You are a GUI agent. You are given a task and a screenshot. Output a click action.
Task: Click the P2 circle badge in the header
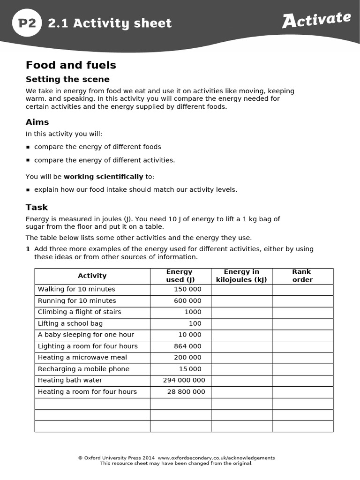click(x=27, y=22)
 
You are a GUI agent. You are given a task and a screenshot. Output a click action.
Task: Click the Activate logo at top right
click(x=316, y=20)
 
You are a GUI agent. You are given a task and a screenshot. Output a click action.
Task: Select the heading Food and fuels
click(x=71, y=65)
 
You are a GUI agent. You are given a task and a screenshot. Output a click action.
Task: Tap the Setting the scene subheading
click(x=67, y=79)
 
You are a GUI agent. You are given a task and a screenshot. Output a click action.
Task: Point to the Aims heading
click(x=37, y=122)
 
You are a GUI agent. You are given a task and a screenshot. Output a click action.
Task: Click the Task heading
click(x=37, y=207)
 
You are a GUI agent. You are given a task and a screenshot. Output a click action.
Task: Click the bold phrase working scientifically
click(x=103, y=177)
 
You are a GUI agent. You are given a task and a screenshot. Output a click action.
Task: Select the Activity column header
click(x=92, y=276)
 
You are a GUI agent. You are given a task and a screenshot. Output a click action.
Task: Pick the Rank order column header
click(x=302, y=276)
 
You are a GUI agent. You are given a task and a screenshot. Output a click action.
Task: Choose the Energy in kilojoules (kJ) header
click(x=241, y=276)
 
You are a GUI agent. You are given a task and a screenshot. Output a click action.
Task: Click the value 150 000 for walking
click(x=187, y=289)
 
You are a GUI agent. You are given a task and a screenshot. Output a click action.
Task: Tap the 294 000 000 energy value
click(x=184, y=380)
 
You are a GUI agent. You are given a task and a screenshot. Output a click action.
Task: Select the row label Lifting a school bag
click(x=70, y=323)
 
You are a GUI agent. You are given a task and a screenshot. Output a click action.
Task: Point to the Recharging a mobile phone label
click(x=83, y=369)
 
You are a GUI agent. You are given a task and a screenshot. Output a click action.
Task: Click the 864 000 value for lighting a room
click(x=187, y=346)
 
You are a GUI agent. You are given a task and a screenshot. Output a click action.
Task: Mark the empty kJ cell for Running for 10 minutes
click(x=241, y=301)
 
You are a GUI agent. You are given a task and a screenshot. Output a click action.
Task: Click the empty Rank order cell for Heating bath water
click(x=302, y=380)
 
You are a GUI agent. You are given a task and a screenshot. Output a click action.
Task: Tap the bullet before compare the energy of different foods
click(x=28, y=147)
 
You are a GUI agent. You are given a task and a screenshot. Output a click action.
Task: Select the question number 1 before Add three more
click(x=28, y=249)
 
